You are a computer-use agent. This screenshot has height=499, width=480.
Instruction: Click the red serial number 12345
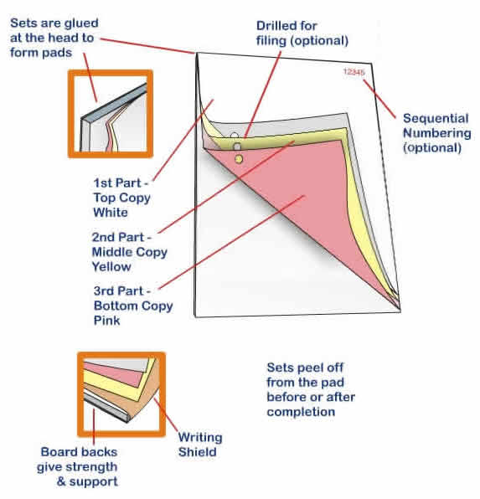(x=354, y=72)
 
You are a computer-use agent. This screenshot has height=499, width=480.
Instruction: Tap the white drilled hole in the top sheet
(x=235, y=136)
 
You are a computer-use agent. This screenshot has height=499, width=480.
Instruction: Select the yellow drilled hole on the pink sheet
(x=239, y=159)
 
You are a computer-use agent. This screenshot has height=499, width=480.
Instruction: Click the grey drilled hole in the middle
(x=237, y=147)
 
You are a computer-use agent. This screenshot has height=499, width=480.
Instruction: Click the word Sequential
(x=436, y=118)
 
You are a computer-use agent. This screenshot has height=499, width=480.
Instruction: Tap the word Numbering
(x=436, y=133)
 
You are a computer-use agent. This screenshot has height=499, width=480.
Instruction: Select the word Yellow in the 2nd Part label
(x=111, y=266)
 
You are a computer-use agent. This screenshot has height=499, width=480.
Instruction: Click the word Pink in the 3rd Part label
(x=106, y=320)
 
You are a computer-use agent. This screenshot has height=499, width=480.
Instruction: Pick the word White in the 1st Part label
(x=111, y=213)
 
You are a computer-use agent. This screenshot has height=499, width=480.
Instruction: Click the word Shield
(x=197, y=452)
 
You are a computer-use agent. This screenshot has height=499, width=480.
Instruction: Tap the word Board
(x=59, y=452)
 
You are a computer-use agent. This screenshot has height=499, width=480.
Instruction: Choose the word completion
(x=301, y=412)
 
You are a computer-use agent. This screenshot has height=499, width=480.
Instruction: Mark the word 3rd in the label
(x=105, y=291)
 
